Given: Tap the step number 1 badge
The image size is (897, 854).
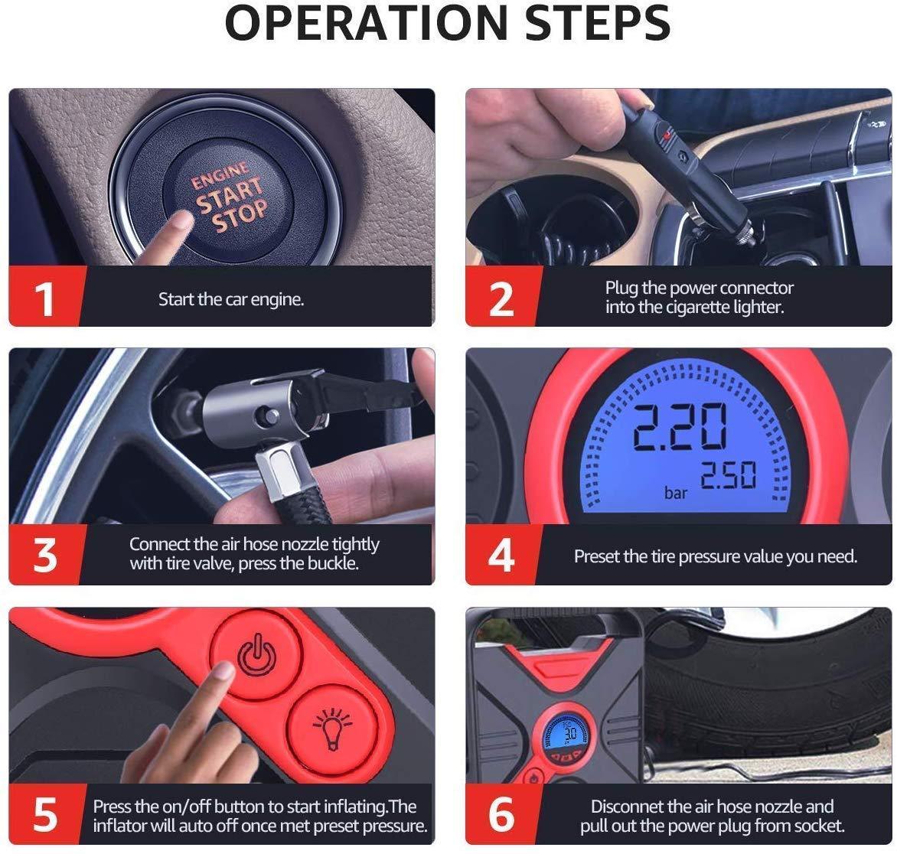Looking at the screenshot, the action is [44, 298].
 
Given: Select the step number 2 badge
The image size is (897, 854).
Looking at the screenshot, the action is [501, 298].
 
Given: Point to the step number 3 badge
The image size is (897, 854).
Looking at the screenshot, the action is [44, 555].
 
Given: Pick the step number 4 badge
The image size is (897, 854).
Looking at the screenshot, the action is [501, 555].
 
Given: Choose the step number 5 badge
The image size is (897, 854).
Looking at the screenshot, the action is [44, 814].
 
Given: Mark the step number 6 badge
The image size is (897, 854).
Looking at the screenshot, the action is [501, 814].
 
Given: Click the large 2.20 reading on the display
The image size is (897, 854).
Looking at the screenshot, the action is [680, 426].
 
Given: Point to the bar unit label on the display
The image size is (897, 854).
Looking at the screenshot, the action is [676, 492].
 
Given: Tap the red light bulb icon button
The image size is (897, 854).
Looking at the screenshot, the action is [332, 729].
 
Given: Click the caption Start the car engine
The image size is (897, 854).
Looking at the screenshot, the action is [231, 299].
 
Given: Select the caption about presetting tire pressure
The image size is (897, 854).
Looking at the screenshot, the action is [716, 556].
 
